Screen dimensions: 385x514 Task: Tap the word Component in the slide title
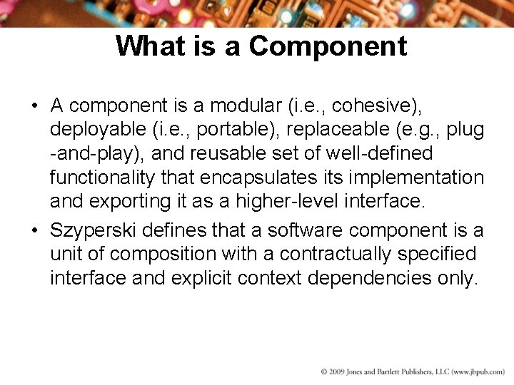point(328,46)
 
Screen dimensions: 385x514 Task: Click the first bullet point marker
point(35,107)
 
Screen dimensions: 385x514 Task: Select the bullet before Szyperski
point(35,231)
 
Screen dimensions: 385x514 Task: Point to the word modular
point(246,106)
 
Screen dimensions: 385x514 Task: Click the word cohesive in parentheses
point(374,106)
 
